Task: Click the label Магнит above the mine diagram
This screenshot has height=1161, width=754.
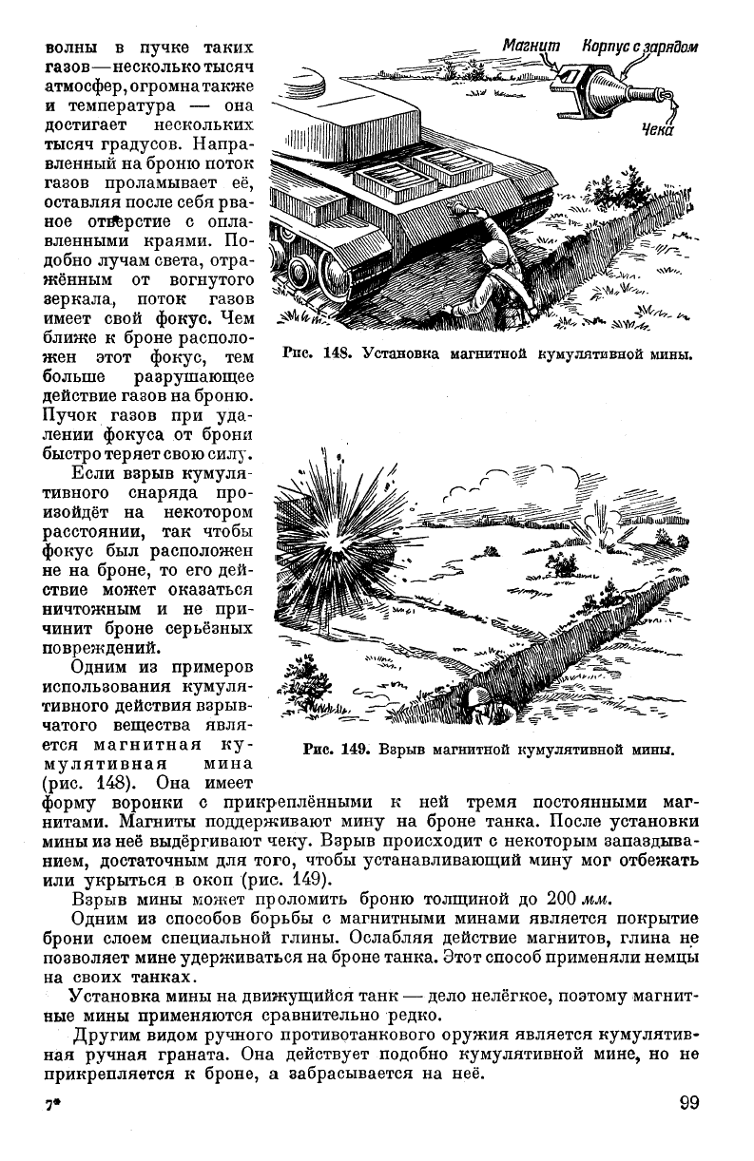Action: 532,46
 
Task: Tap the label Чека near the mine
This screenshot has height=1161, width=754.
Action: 656,130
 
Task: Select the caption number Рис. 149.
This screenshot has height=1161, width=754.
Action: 335,749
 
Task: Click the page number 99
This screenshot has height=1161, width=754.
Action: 689,1103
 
